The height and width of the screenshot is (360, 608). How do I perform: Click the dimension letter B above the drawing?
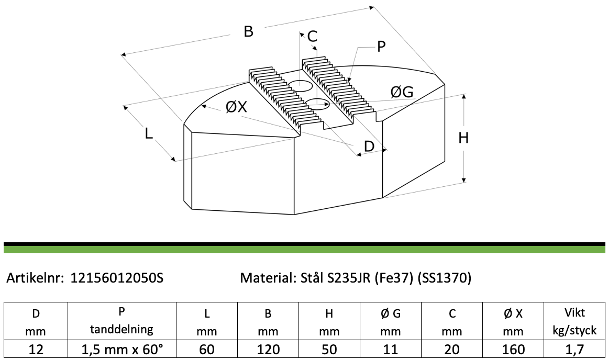click(x=249, y=31)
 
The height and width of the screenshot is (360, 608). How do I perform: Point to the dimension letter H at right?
click(x=463, y=138)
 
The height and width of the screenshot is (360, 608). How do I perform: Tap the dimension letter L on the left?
click(x=149, y=134)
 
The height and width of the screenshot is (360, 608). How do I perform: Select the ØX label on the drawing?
click(x=236, y=107)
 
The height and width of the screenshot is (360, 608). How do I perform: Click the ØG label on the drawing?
click(x=402, y=92)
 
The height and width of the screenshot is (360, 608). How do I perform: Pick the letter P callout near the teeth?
click(x=381, y=47)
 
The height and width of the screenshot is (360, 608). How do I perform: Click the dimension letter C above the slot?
click(x=312, y=37)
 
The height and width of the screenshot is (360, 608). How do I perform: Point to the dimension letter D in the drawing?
click(x=369, y=147)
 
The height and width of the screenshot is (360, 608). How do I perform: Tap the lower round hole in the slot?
click(x=317, y=104)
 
